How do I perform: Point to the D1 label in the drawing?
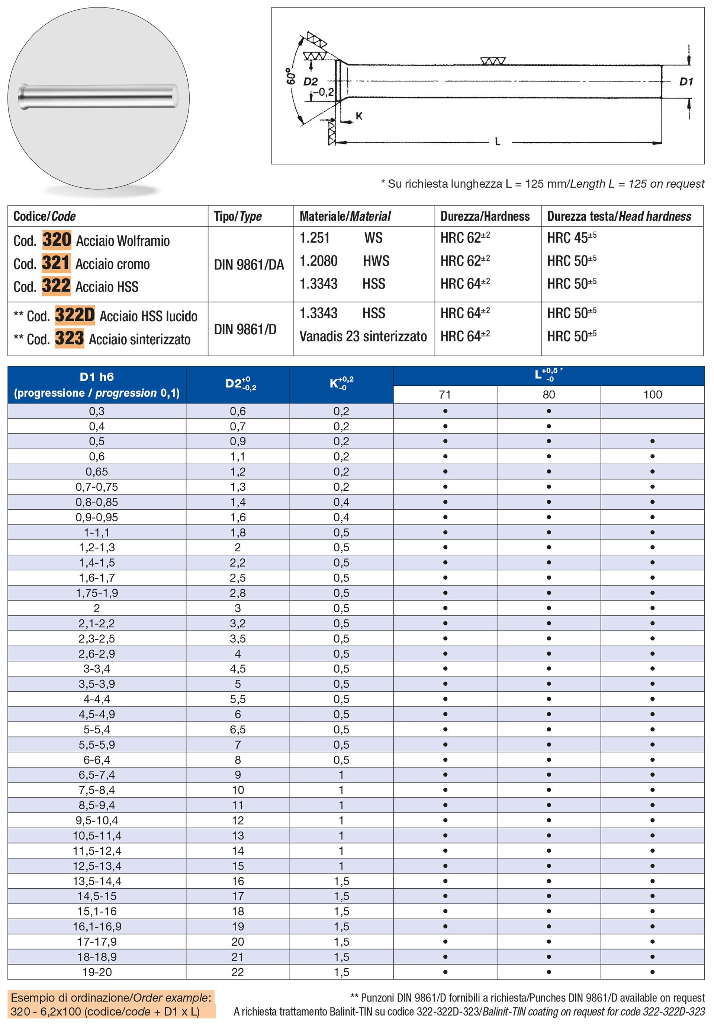[686, 82]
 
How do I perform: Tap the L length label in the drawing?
[498, 142]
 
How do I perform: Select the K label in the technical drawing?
[359, 117]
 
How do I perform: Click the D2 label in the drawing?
[310, 82]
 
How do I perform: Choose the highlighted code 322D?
[75, 315]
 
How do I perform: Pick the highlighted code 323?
[69, 338]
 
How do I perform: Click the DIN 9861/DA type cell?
[249, 265]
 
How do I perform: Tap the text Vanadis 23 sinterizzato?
[363, 336]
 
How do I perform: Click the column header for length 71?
[445, 395]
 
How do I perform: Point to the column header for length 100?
[652, 395]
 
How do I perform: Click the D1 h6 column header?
[97, 385]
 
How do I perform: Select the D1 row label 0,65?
[97, 472]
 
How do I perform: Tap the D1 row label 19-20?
[97, 972]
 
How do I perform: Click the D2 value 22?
[238, 972]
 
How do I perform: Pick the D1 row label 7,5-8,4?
[97, 790]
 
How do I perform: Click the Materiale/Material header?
[345, 216]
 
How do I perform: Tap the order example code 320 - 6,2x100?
[105, 1012]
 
